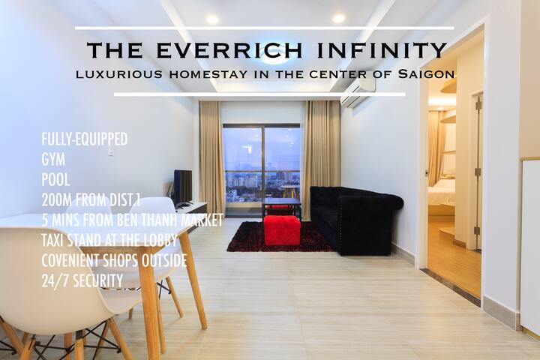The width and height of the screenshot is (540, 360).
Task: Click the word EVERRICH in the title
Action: point(229,50)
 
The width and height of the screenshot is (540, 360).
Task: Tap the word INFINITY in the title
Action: point(382,50)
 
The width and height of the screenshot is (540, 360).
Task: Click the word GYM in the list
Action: point(53,160)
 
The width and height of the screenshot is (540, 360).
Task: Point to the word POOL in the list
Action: point(55,179)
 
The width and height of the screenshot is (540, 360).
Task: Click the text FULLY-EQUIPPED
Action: point(85,139)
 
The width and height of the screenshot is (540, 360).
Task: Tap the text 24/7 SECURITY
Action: point(82,280)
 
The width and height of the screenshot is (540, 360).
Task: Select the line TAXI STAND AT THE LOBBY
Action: point(109,240)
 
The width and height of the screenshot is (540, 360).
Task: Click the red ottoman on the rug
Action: point(282,229)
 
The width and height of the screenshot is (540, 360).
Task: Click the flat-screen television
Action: point(183,188)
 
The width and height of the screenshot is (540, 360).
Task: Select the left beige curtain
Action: point(211,157)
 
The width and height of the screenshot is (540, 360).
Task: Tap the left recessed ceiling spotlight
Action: point(212,19)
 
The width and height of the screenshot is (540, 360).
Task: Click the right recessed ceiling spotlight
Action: point(338,18)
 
